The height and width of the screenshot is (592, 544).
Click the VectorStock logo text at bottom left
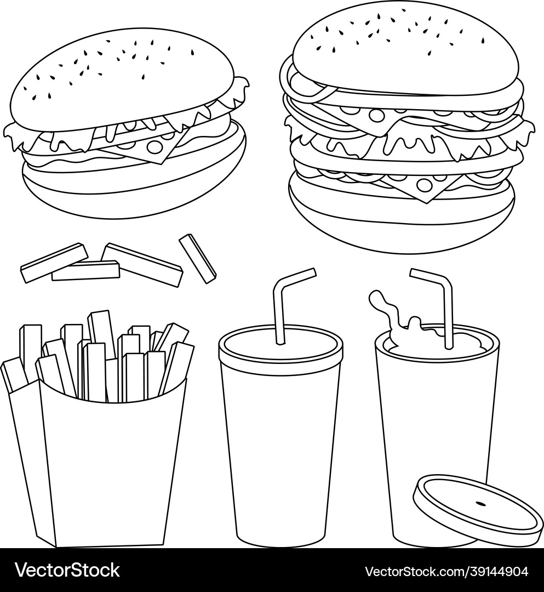pos(67,570)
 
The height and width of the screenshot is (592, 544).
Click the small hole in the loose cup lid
pos(480,503)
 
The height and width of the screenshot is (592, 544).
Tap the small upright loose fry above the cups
pos(198,259)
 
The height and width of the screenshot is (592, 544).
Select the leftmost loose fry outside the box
pos(54,263)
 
